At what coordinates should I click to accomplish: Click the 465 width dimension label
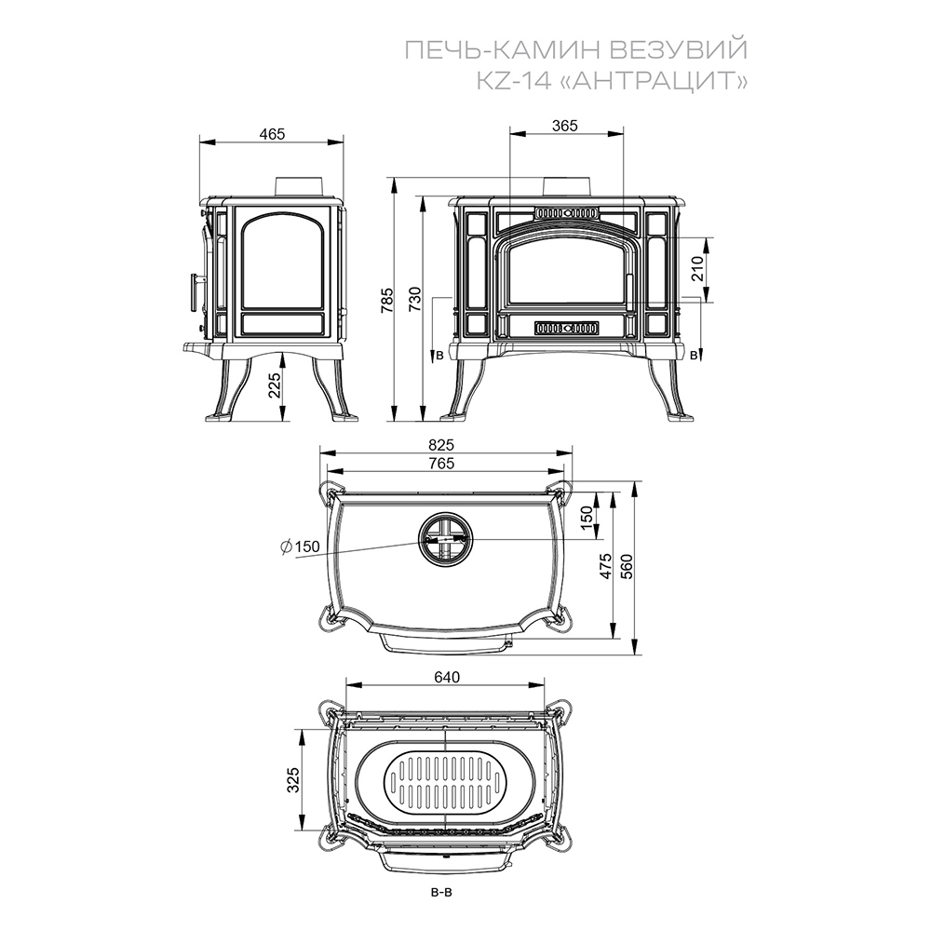(x=272, y=134)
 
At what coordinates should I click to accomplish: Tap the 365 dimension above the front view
(x=565, y=126)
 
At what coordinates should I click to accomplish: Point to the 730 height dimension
(x=415, y=299)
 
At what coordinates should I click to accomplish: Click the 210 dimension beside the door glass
(x=697, y=268)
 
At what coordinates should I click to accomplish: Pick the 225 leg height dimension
(x=274, y=386)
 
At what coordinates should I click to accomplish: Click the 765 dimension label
(x=440, y=463)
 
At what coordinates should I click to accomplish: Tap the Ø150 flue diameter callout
(x=301, y=546)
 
